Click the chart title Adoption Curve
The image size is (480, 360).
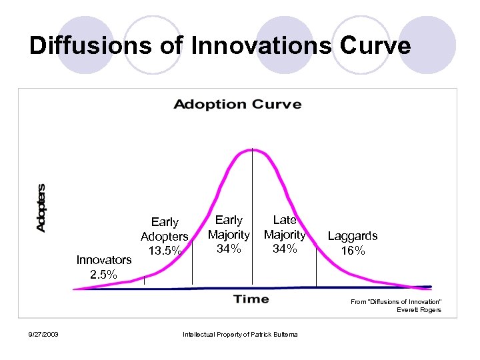point(237,105)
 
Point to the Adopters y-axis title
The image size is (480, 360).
point(41,208)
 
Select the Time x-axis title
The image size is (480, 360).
point(251,299)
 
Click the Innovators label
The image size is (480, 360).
point(104,260)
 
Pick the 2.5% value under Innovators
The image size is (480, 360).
point(104,274)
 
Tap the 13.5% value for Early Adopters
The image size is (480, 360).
point(165,251)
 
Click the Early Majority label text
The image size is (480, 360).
point(229,227)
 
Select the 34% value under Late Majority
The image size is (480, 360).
point(285,249)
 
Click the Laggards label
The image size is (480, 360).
point(352,236)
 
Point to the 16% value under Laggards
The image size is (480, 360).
point(352,251)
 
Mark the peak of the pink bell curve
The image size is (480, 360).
point(252,150)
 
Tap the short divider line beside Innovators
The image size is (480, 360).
point(144,280)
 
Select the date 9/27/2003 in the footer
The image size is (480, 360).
point(43,334)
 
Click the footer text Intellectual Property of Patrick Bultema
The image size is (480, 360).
point(240,334)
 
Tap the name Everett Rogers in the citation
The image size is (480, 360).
point(419,310)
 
